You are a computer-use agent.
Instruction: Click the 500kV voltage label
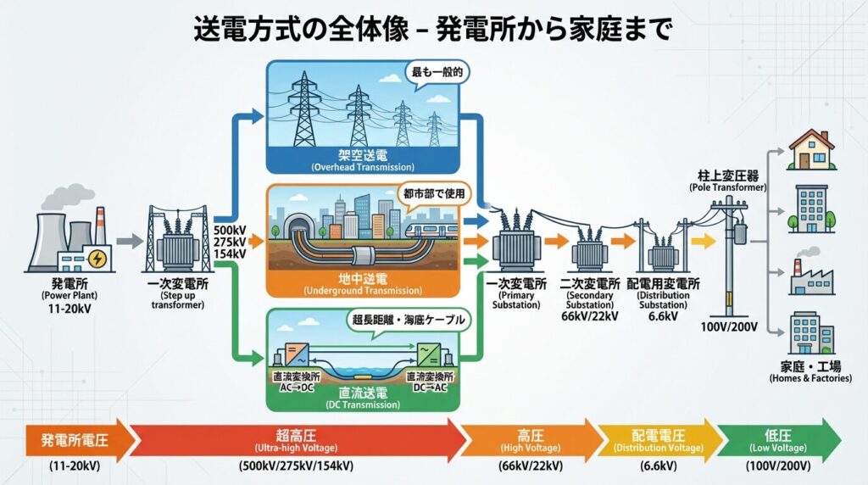point(231,230)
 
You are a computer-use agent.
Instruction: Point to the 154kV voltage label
point(231,254)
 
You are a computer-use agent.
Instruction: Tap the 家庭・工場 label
point(810,367)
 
